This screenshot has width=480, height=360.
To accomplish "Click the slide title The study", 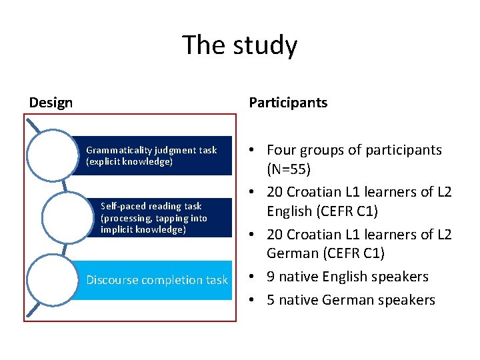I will tap(240, 45).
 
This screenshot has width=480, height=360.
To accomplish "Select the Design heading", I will tap(51, 103).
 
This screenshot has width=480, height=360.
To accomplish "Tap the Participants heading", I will tap(288, 103).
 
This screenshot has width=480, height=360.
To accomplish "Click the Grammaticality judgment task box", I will tap(153, 155).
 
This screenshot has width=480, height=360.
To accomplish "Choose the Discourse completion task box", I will tap(157, 280).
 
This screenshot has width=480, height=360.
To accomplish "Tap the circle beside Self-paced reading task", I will tap(67, 217).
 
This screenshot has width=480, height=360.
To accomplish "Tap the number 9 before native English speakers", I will tap(271, 277).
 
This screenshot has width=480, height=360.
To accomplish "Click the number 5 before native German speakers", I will tap(271, 300).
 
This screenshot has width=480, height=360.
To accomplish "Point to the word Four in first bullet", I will tap(282, 150).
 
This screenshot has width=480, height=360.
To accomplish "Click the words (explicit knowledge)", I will tap(129, 162).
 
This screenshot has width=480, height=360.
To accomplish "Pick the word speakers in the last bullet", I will tap(407, 300).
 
